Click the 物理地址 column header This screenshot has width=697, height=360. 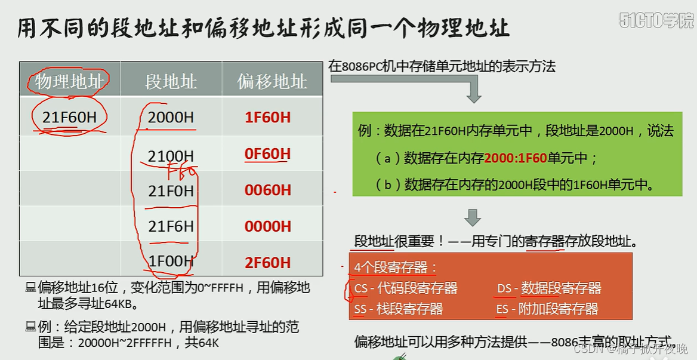pos(69,81)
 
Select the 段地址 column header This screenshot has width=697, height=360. pos(171,81)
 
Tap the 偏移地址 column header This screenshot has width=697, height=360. pos(272,81)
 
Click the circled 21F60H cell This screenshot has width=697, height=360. pos(69,117)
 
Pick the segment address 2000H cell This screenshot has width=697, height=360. pos(171,117)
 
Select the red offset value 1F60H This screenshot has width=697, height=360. pos(267,117)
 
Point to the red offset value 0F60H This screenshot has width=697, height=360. pos(267,154)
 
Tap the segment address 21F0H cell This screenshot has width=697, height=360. pos(171,191)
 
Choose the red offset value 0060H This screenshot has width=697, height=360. pos(267,190)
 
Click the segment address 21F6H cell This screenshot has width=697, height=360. pos(171,226)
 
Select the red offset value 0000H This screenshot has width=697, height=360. pos(267,226)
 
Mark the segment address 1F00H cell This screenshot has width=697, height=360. pos(171,261)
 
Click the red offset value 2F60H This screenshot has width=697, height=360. pos(267,263)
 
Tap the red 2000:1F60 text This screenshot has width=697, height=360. pos(516,158)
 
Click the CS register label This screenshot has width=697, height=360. pos(361,288)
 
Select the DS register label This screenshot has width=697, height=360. pos(504,288)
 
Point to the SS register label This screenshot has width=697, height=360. pos(360,309)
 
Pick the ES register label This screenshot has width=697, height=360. pos(502,309)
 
